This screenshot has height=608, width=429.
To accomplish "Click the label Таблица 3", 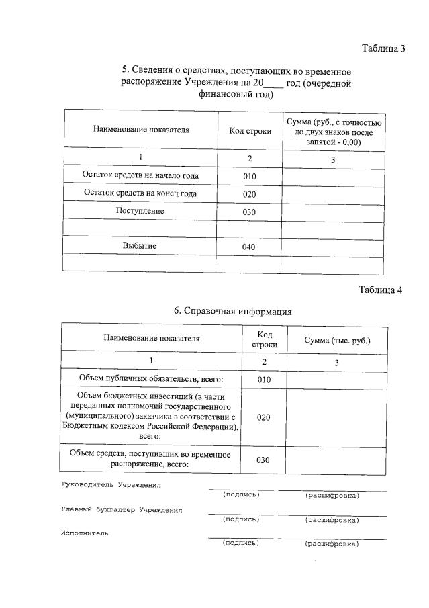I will pos(383,49).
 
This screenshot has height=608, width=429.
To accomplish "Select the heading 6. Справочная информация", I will pos(232,311).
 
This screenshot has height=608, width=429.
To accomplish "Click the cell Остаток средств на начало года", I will pos(140,176).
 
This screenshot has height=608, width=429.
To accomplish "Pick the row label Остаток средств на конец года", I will pos(140,193).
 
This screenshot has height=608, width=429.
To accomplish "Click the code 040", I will pos(249,247).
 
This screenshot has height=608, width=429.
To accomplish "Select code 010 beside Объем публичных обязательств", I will pos(263,380).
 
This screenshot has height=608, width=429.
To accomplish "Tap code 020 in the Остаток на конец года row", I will pos(249,194).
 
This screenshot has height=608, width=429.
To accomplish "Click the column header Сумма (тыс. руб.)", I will pos(336,340).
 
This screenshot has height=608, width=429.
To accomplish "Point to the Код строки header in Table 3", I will pos(250,131).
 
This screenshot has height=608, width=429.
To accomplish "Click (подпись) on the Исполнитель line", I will pos(240,543).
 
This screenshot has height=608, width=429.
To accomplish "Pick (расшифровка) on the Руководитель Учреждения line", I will pos(332,496).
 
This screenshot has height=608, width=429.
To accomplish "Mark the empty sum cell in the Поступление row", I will pos(334,212).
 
